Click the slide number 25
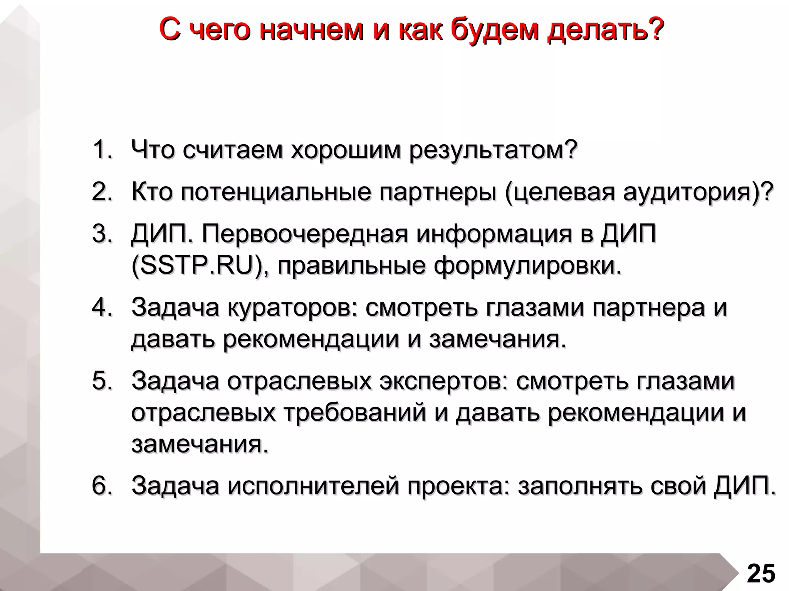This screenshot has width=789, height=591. [x=761, y=574]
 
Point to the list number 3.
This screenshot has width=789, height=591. [x=102, y=234]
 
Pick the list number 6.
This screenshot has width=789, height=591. [x=102, y=486]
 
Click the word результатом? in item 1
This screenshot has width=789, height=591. [x=493, y=150]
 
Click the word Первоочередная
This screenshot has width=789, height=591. [x=305, y=234]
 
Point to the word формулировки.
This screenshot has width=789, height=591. [x=527, y=265]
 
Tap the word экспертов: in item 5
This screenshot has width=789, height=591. [x=443, y=381]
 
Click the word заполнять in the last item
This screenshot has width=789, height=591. [x=580, y=486]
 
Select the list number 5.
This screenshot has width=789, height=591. [x=102, y=381]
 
